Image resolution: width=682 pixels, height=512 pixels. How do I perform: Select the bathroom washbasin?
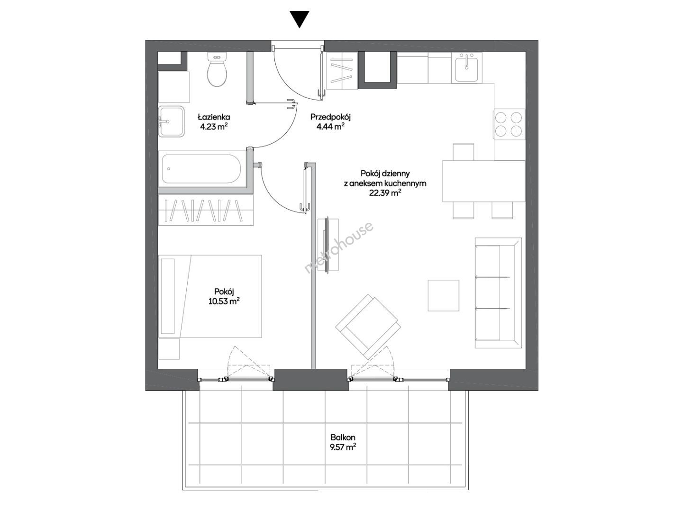pyautogui.click(x=171, y=121)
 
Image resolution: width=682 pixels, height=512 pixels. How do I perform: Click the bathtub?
pyautogui.click(x=201, y=169)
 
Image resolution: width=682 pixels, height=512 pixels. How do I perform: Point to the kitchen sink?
pyautogui.click(x=467, y=67)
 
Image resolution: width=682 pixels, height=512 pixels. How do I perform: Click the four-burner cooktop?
pyautogui.click(x=509, y=124)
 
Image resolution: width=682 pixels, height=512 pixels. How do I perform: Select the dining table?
pyautogui.click(x=483, y=181)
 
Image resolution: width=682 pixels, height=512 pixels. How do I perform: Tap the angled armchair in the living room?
pyautogui.click(x=368, y=327)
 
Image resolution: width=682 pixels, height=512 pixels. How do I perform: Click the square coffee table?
pyautogui.click(x=444, y=295)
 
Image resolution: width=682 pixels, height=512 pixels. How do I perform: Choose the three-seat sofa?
pyautogui.click(x=498, y=293)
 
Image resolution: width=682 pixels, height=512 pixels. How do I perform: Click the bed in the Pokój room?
pyautogui.click(x=210, y=296)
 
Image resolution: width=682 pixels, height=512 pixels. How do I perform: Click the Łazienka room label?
pyautogui.click(x=214, y=117)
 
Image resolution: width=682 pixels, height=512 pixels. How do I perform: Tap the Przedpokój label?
pyautogui.click(x=331, y=117)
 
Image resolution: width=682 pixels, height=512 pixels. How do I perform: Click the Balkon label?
pyautogui.click(x=343, y=438)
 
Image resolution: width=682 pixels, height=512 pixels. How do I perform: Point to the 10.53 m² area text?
pyautogui.click(x=224, y=301)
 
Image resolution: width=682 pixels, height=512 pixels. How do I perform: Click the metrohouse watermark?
pyautogui.click(x=339, y=247)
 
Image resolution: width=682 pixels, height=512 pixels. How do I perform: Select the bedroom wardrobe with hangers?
pyautogui.click(x=206, y=210)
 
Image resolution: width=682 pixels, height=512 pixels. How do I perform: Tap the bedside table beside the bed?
pyautogui.click(x=169, y=348)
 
